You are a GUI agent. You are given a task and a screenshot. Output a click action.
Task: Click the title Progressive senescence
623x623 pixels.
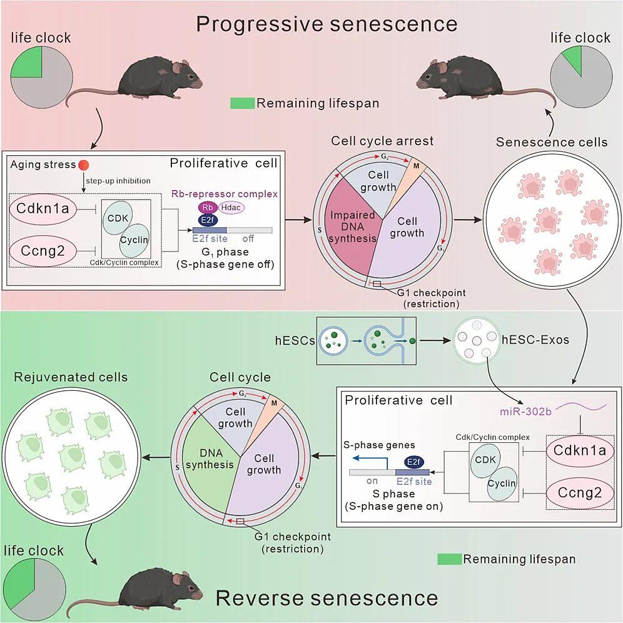tap(327, 24)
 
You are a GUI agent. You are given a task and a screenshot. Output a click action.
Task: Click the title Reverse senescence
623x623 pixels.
tap(327, 597)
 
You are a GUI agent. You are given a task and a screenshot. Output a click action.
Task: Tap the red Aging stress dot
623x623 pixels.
tap(83, 165)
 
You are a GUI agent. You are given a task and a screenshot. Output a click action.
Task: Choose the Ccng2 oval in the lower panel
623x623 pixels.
tap(579, 494)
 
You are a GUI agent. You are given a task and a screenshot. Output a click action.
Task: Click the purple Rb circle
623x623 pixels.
tap(206, 207)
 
